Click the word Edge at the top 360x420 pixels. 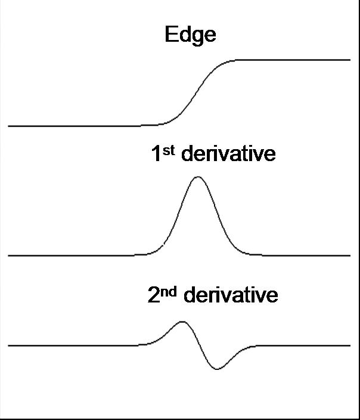190,35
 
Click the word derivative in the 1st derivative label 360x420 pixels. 228,154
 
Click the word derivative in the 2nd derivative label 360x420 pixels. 230,295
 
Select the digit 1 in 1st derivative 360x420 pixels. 156,154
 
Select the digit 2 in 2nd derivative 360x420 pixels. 154,295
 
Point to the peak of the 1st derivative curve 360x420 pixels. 197,177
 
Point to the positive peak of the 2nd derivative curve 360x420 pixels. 182,322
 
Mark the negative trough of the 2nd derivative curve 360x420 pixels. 217,369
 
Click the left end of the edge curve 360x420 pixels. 9,126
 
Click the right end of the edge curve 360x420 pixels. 349,60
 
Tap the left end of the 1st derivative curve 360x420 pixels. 9,255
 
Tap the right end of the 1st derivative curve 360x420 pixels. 349,255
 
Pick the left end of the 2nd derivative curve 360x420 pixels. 9,345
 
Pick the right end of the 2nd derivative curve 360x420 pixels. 349,345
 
